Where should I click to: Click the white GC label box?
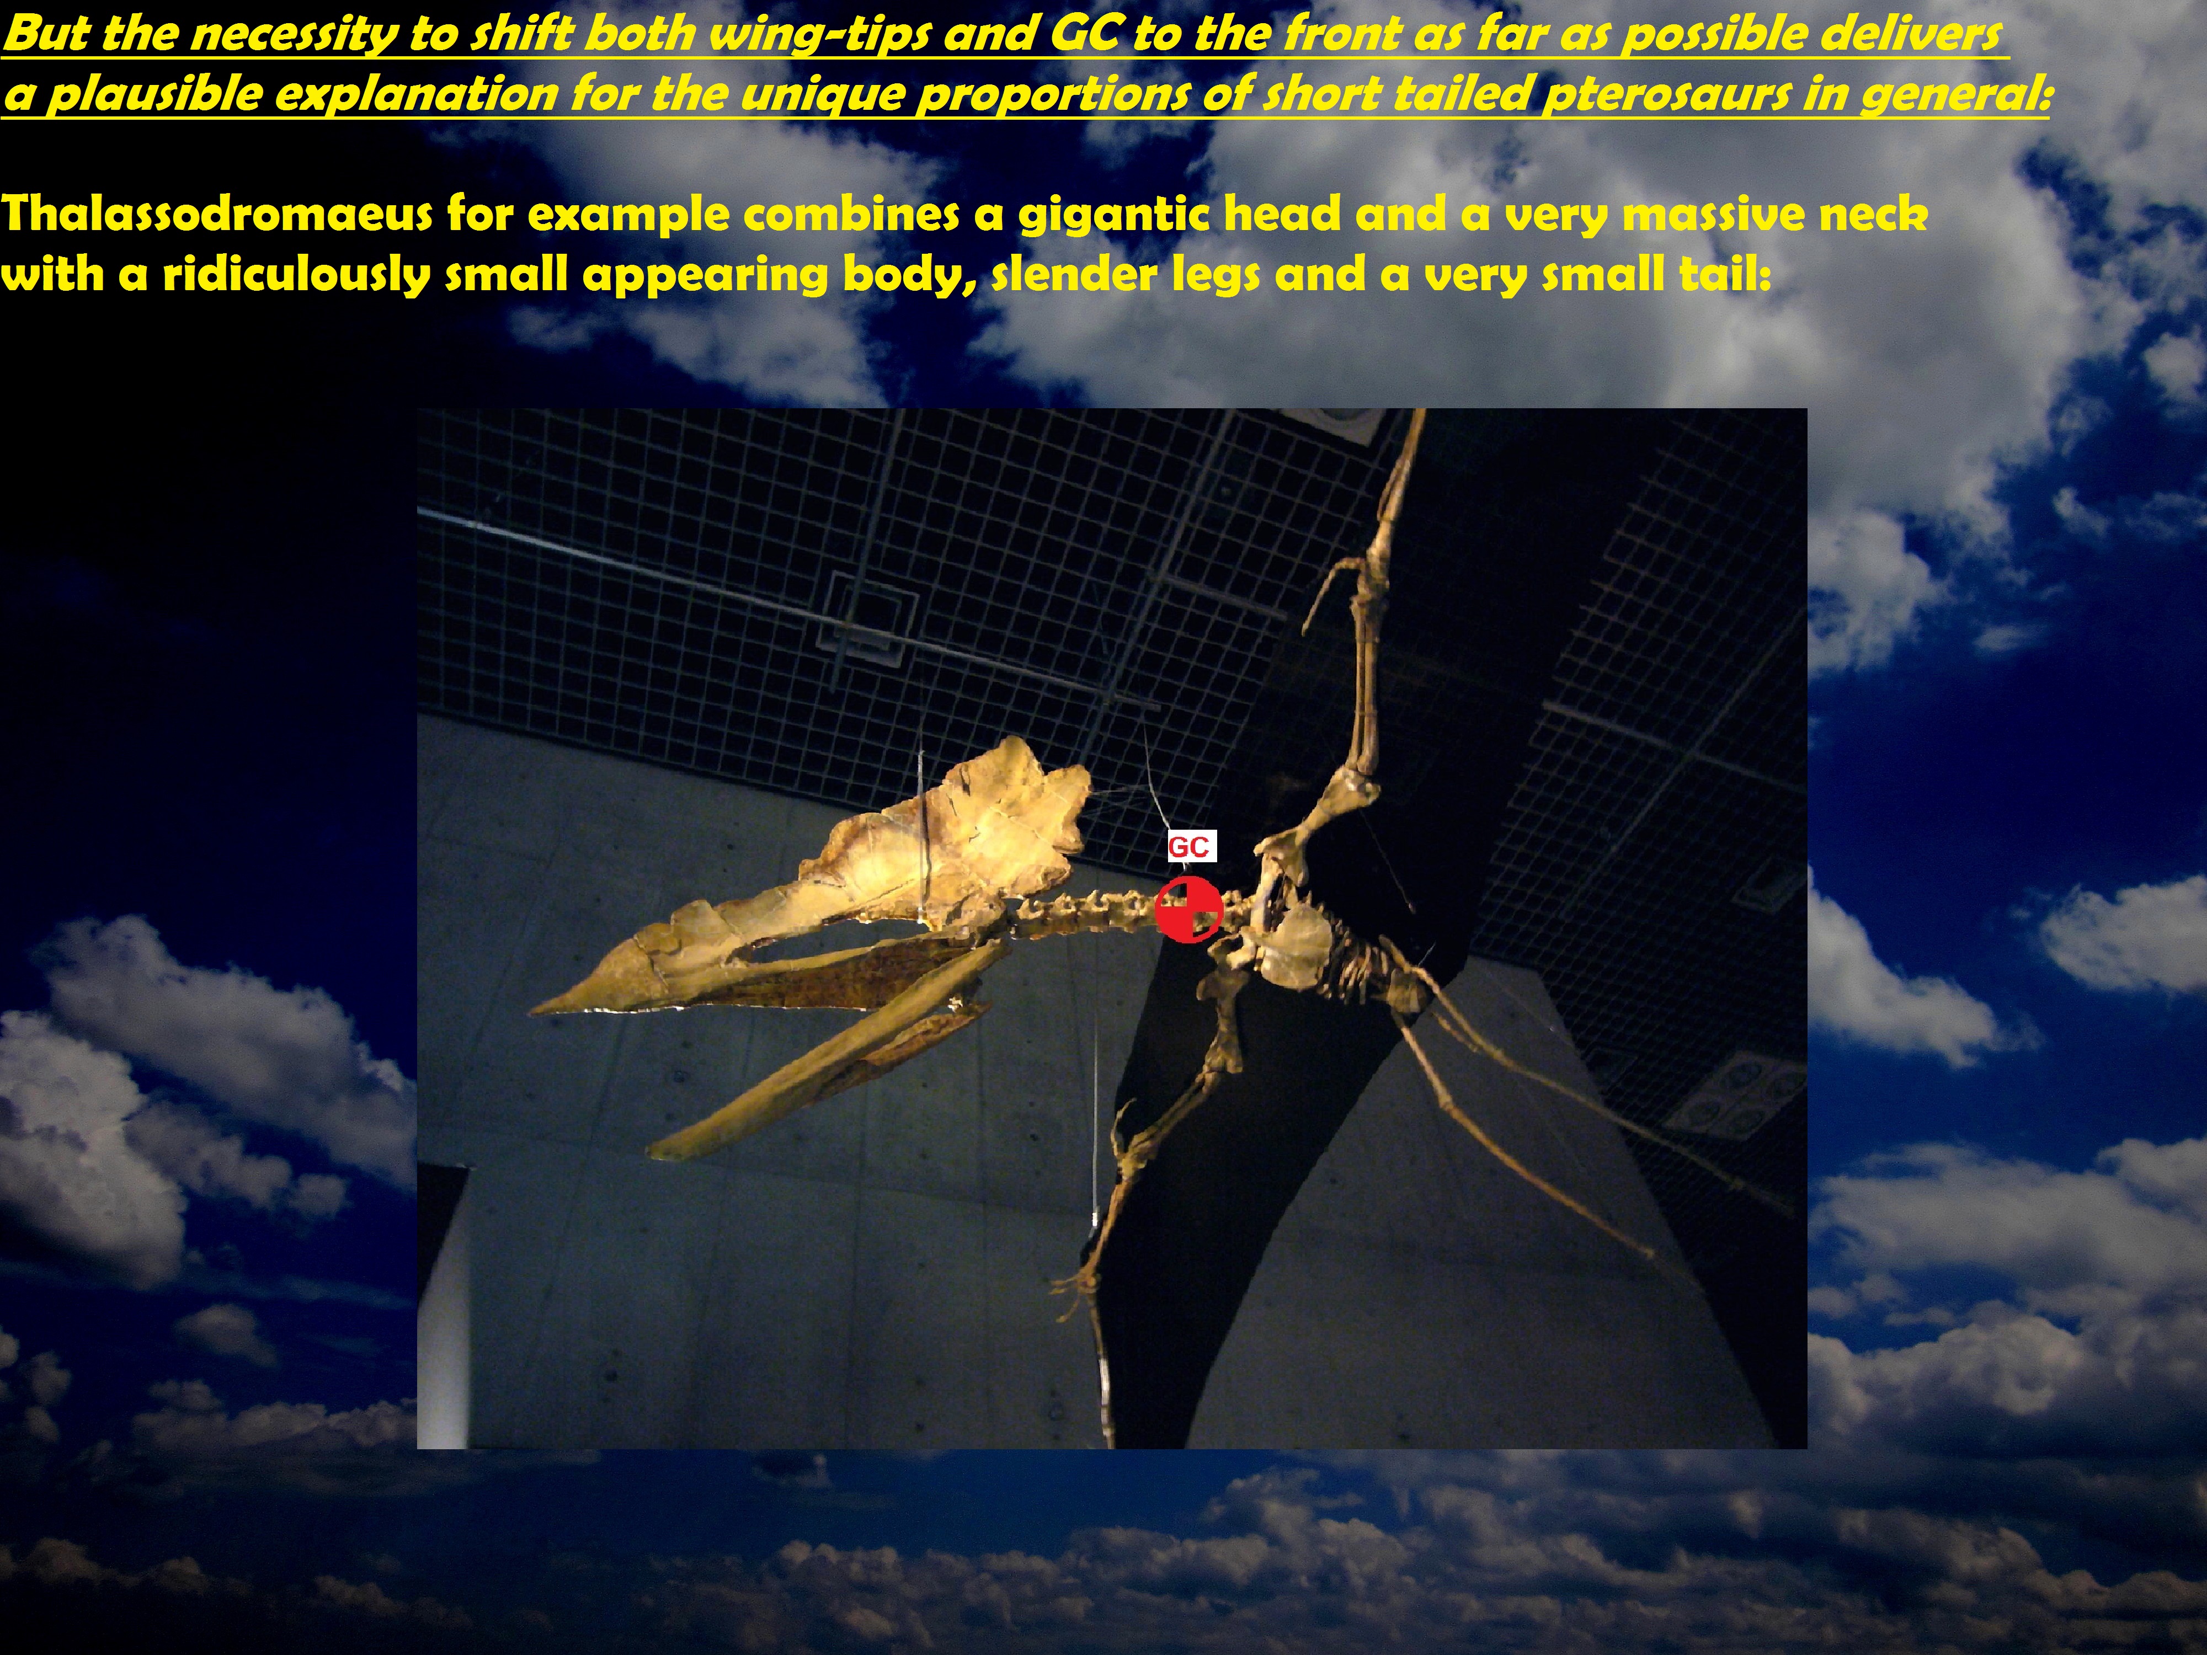tap(1191, 847)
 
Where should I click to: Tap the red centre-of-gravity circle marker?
tap(1188, 909)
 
